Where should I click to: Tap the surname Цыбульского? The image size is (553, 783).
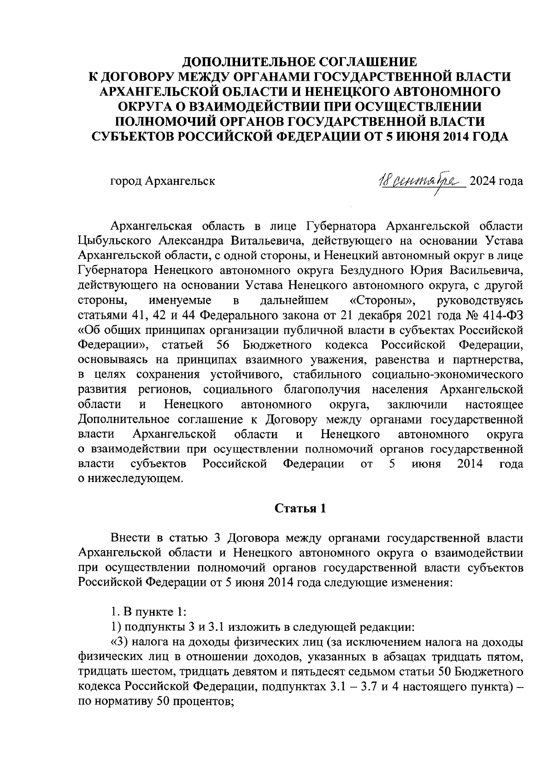click(x=115, y=241)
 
